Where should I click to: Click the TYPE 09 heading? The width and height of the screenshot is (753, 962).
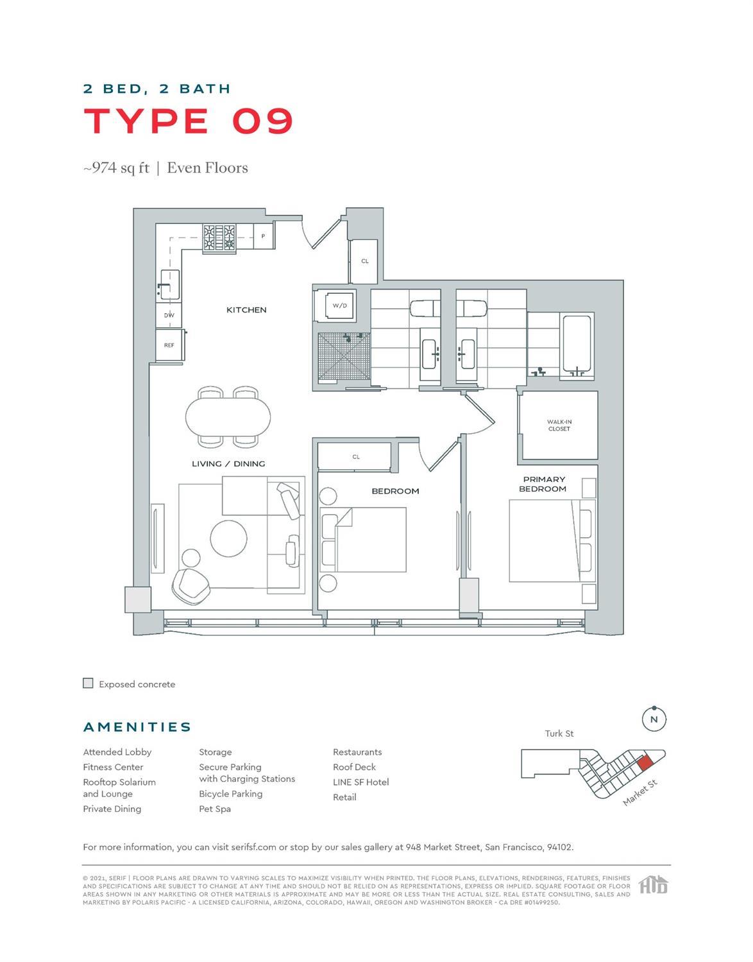pos(189,121)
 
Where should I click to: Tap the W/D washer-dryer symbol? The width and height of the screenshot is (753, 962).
pos(339,305)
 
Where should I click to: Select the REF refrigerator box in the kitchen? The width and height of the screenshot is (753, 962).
pos(169,345)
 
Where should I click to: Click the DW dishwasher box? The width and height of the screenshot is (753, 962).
pos(169,315)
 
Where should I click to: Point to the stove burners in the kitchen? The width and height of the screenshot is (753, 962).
pos(219,237)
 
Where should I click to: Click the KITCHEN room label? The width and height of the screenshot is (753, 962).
pos(246,310)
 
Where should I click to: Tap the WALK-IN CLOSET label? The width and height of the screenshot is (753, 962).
pos(559,425)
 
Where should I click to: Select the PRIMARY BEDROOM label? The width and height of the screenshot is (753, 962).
pos(543,484)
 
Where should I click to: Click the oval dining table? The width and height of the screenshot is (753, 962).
pos(228,417)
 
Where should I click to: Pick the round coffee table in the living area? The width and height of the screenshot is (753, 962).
pos(229,538)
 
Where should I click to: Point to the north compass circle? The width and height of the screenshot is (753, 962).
pos(654,719)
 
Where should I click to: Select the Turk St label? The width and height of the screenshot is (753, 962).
pos(559,734)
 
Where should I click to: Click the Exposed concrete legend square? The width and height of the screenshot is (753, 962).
pos(89,683)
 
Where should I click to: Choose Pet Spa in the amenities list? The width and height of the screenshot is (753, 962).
pos(215,809)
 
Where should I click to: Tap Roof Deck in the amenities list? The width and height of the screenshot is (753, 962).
pos(354,767)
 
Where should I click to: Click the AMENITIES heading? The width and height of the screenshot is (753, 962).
pos(137,727)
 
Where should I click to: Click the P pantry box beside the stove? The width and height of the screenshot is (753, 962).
pos(263,236)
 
